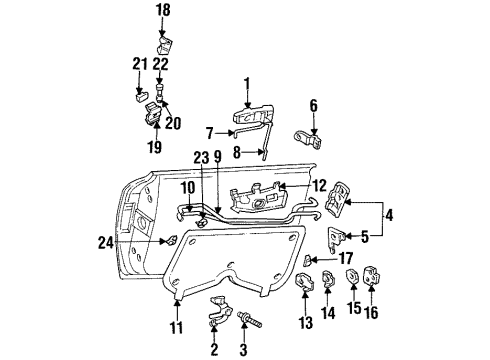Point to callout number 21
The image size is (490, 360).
(x=137, y=64)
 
